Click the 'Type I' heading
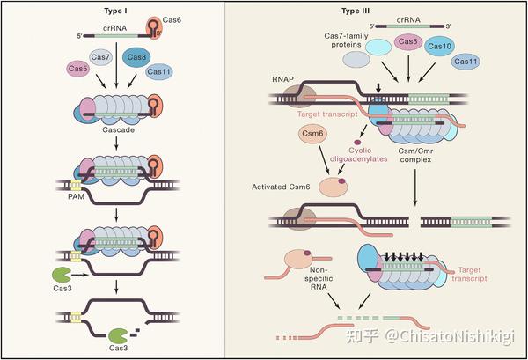tap(116, 11)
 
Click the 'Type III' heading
tap(356, 11)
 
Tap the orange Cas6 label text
tap(172, 20)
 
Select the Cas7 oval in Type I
tap(100, 57)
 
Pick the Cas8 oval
tap(136, 57)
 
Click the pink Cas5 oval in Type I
tap(77, 69)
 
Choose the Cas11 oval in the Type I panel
tap(159, 71)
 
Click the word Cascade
tap(118, 130)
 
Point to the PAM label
tap(76, 196)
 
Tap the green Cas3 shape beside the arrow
tap(61, 275)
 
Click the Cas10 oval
tap(439, 46)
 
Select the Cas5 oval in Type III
tap(407, 41)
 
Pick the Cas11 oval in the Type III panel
tap(466, 62)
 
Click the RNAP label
tap(283, 79)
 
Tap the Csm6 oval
tap(312, 134)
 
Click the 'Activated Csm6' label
tap(281, 187)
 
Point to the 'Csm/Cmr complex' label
tap(415, 155)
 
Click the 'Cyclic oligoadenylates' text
tap(359, 154)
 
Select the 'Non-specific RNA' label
tap(319, 278)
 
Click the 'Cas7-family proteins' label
tap(346, 40)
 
